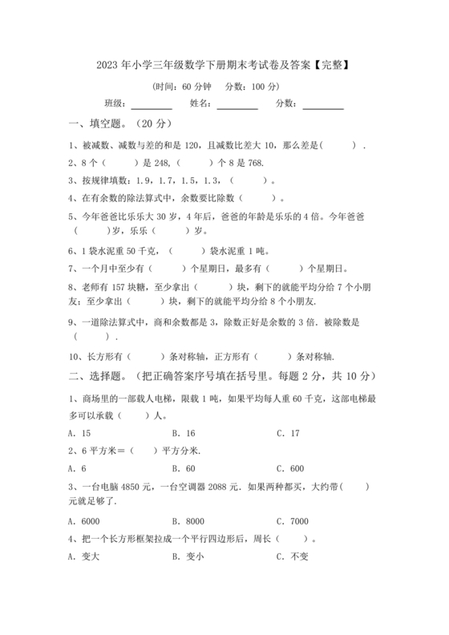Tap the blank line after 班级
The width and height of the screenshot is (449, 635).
[x=152, y=107]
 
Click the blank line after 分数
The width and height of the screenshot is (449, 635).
[x=323, y=107]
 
